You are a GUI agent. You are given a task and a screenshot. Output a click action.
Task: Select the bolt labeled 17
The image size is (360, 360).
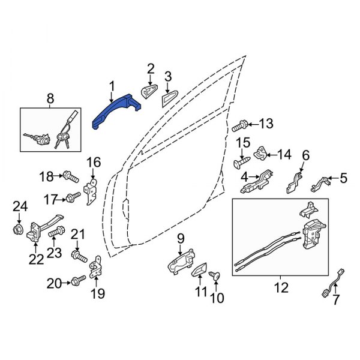click(x=71, y=196)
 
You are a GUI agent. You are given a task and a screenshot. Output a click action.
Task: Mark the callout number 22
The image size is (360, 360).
click(x=37, y=259)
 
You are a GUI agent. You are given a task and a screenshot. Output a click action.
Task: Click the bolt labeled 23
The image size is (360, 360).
click(x=57, y=231)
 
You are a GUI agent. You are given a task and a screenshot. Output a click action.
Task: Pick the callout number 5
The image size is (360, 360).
click(x=343, y=178)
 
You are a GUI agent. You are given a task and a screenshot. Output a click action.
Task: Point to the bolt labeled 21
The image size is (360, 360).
click(x=77, y=257)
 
